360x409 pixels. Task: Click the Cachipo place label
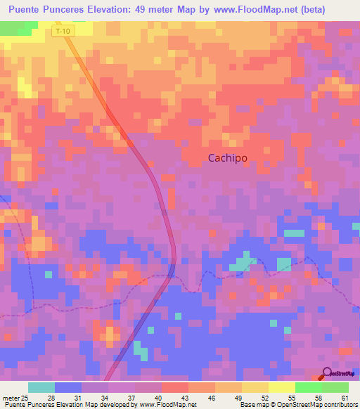[227, 158]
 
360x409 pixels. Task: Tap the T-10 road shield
[63, 32]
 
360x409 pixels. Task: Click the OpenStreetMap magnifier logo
[328, 375]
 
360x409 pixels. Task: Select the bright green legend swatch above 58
[308, 387]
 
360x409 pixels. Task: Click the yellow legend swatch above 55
[281, 387]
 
